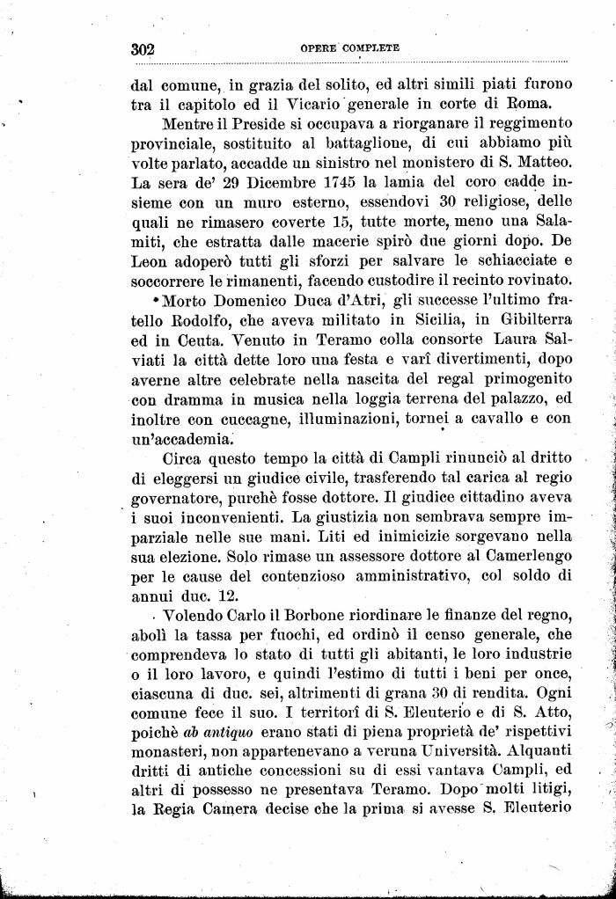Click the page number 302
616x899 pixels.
click(143, 50)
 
